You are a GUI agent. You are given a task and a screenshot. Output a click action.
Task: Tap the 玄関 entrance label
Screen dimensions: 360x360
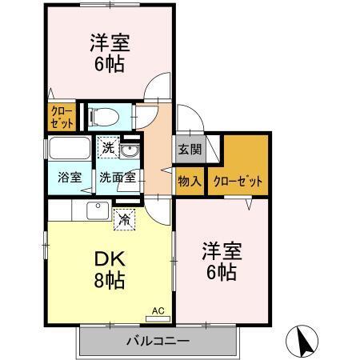pyautogui.click(x=190, y=149)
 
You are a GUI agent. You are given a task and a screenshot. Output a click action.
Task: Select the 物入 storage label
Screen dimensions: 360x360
pyautogui.click(x=190, y=181)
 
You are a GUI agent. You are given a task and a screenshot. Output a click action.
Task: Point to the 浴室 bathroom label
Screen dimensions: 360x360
pyautogui.click(x=68, y=178)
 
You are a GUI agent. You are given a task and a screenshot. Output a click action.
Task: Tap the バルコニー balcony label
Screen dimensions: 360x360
pyautogui.click(x=158, y=342)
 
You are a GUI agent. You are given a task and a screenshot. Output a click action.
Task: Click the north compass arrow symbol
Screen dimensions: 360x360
pyautogui.click(x=305, y=342)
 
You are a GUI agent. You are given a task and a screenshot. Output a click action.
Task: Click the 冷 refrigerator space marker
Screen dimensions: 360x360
pyautogui.click(x=125, y=216)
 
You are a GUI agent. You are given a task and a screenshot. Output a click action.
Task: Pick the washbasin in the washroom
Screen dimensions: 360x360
pyautogui.click(x=130, y=150)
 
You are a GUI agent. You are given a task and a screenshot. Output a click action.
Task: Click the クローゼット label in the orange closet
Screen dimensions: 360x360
pyautogui.click(x=238, y=181)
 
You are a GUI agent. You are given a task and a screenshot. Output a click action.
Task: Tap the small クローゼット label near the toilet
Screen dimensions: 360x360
pyautogui.click(x=62, y=117)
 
